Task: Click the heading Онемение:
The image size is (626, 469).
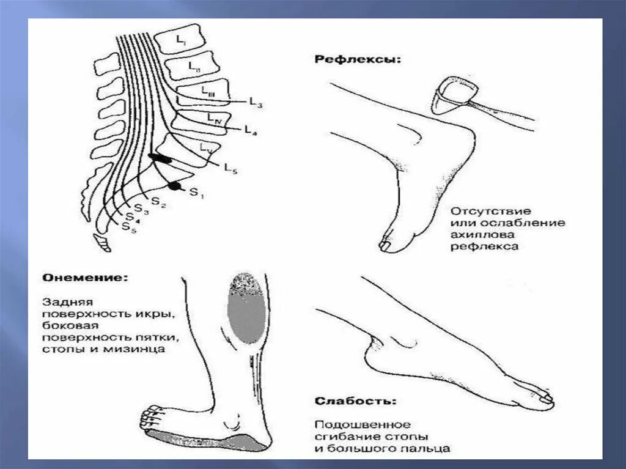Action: [85, 278]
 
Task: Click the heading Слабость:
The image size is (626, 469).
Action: [355, 402]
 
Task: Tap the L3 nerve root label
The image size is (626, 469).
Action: [256, 103]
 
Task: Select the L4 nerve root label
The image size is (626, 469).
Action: [250, 130]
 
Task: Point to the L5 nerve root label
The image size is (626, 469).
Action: [230, 168]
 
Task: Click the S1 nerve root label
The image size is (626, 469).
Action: [195, 193]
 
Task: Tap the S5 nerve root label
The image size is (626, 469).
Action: [128, 228]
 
